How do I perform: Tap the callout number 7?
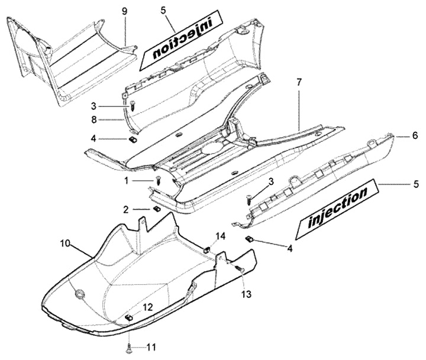pyautogui.click(x=299, y=82)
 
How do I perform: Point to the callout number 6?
pyautogui.click(x=415, y=135)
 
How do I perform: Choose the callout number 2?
pyautogui.click(x=126, y=209)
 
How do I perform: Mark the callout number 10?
pyautogui.click(x=65, y=243)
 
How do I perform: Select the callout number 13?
pyautogui.click(x=245, y=294)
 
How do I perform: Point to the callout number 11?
pyautogui.click(x=151, y=346)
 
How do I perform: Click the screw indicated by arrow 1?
pyautogui.click(x=158, y=180)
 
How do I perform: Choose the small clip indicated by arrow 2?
pyautogui.click(x=157, y=209)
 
